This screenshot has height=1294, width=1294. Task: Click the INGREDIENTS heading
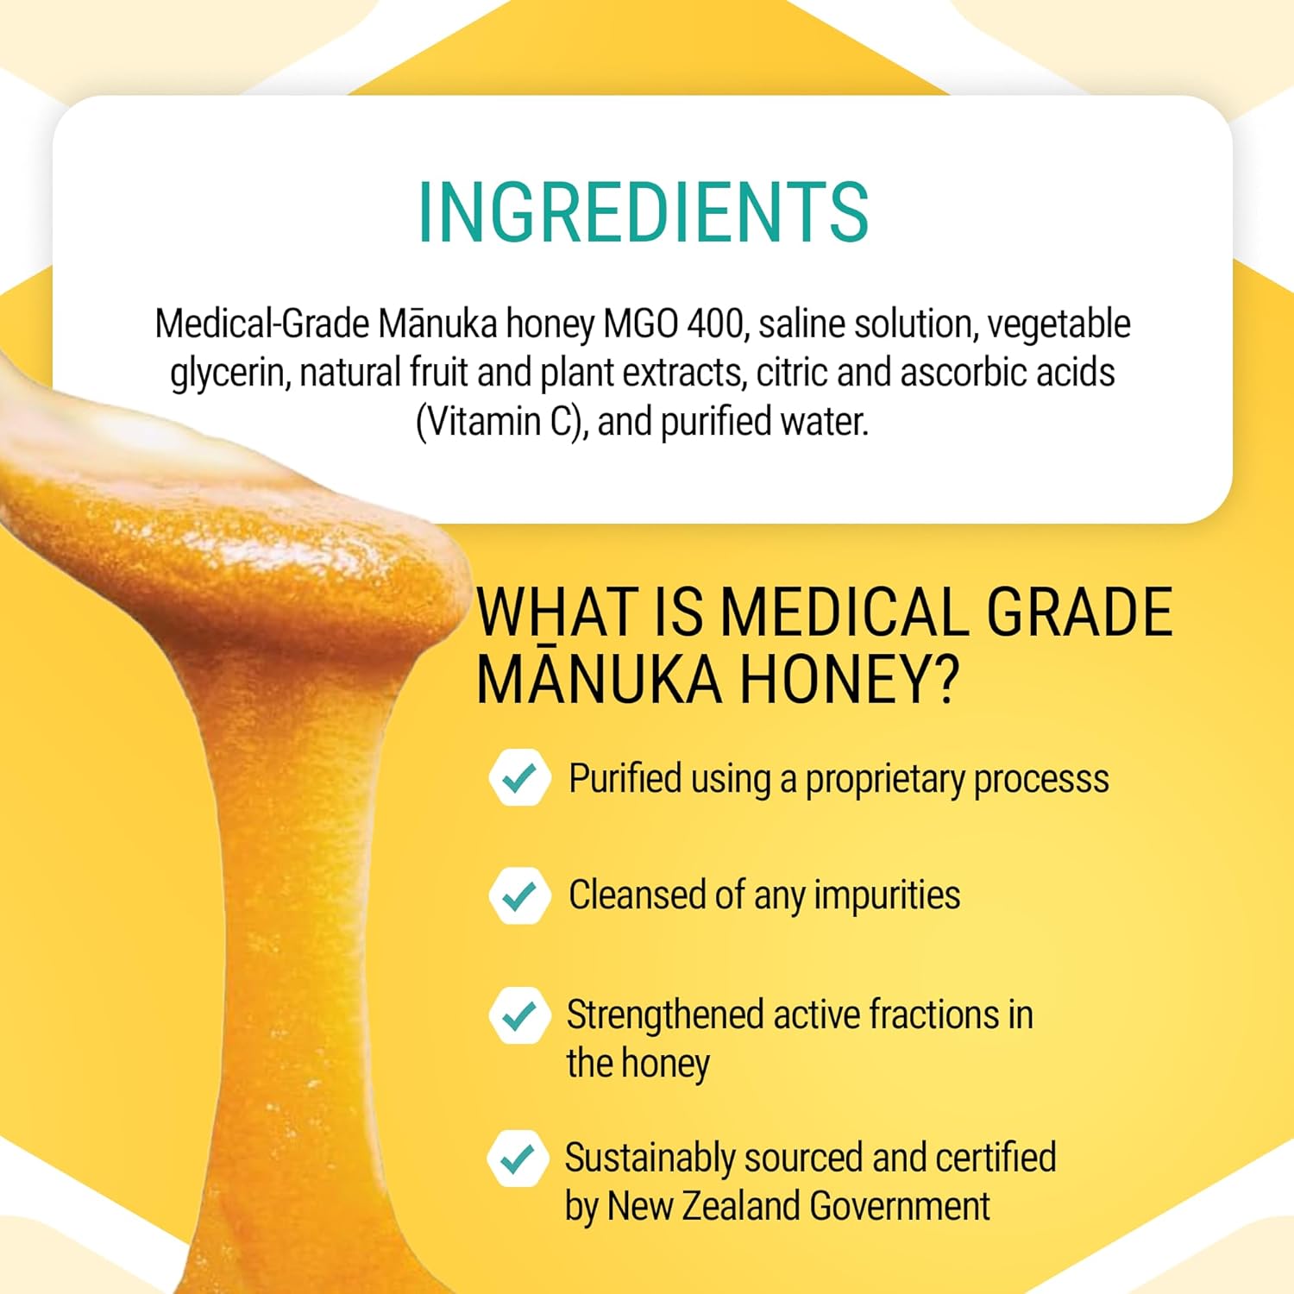(x=644, y=212)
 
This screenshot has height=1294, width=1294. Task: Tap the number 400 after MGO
(x=715, y=324)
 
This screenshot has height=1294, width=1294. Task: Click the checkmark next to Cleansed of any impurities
(x=519, y=895)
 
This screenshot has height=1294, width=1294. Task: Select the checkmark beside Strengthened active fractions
(x=519, y=1015)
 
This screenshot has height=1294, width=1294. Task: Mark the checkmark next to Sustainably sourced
(x=518, y=1159)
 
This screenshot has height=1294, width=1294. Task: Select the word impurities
(x=887, y=896)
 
